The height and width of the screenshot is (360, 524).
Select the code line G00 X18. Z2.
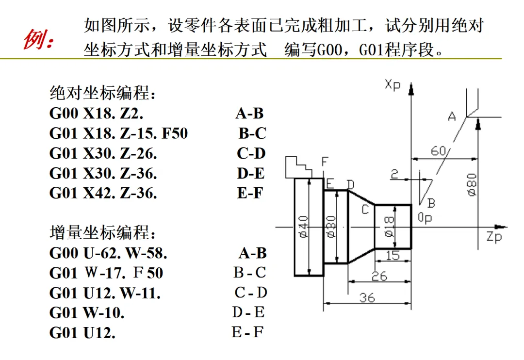click(x=97, y=114)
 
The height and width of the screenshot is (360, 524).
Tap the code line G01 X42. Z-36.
click(x=103, y=193)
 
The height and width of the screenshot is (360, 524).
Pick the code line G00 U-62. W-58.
click(x=109, y=253)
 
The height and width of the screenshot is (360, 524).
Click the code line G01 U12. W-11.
click(x=105, y=293)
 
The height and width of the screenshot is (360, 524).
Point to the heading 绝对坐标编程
click(x=103, y=93)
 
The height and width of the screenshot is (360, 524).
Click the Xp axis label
click(x=393, y=84)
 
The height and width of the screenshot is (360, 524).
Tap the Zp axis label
click(x=493, y=237)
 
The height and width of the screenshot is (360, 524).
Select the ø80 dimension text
click(x=472, y=184)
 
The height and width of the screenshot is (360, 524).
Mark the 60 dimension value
click(x=438, y=151)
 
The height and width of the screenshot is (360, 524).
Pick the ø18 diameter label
click(x=389, y=226)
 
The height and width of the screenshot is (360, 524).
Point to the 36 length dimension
click(x=367, y=297)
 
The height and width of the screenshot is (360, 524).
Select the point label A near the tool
click(x=452, y=116)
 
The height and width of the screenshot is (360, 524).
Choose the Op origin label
click(x=425, y=218)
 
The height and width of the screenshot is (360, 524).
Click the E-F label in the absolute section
click(x=250, y=193)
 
